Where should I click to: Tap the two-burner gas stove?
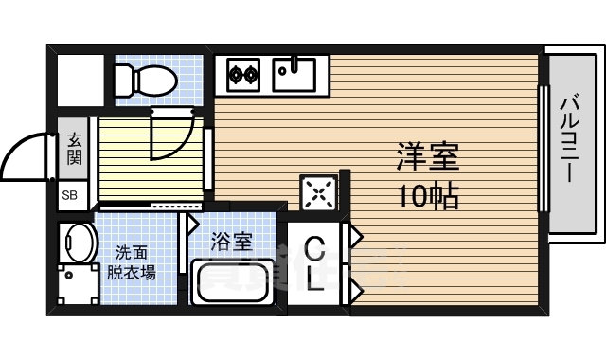point(243,71)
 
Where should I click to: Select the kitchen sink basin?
point(294,71)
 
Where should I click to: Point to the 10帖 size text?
point(428,196)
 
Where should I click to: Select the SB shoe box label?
point(71,197)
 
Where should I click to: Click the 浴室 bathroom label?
point(232,242)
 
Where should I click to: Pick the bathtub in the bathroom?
point(233,281)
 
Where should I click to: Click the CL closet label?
point(315,265)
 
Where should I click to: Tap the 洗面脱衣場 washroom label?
point(131,263)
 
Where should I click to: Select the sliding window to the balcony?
point(544,150)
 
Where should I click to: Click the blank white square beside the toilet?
point(80,80)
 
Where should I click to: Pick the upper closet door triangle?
point(357,234)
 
